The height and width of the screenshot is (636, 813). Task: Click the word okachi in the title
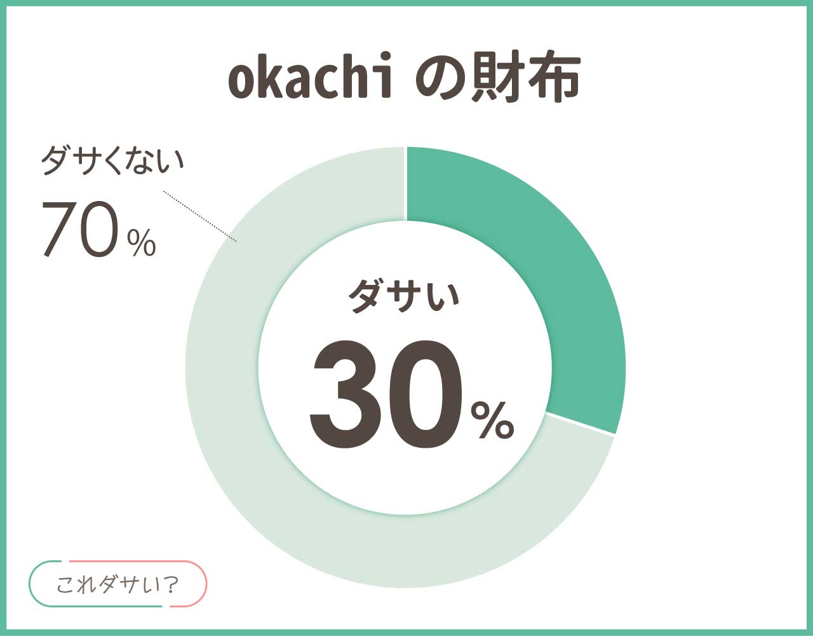[x=310, y=76]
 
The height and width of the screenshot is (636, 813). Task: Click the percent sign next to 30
[x=492, y=420]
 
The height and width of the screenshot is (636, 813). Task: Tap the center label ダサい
[x=404, y=296]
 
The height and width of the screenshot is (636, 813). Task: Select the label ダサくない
[x=112, y=160]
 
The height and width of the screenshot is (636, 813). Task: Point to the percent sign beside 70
[x=142, y=243]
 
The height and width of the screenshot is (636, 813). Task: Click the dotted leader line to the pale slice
[x=199, y=216]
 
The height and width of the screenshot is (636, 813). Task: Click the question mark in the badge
[x=171, y=584]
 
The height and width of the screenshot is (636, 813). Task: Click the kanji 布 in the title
[x=554, y=77]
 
